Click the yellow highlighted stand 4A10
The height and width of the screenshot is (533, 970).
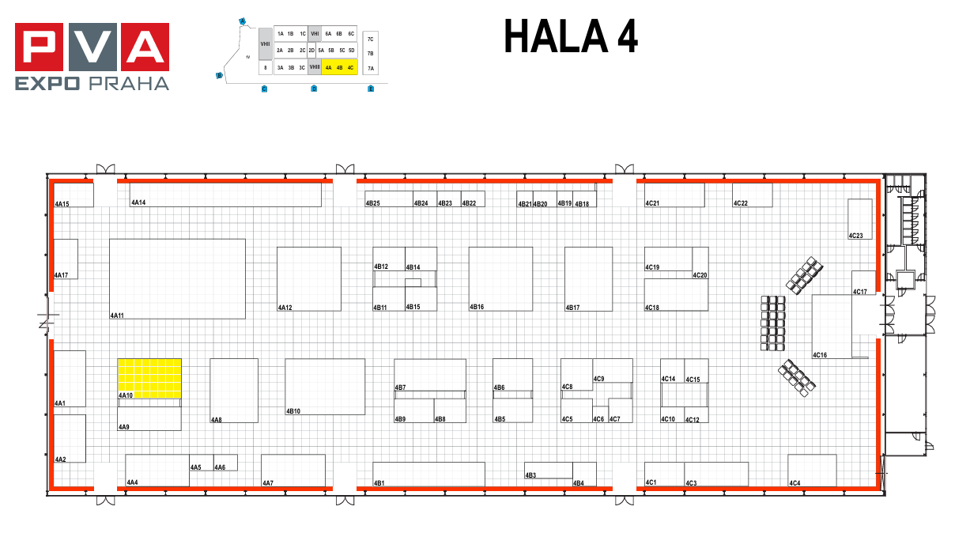(x=149, y=378)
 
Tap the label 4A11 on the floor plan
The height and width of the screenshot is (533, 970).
(x=117, y=316)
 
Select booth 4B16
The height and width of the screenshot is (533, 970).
(x=500, y=278)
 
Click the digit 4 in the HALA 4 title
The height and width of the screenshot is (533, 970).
(x=624, y=37)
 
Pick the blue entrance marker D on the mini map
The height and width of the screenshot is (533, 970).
(x=314, y=89)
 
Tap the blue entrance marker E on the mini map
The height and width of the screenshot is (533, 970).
(x=371, y=89)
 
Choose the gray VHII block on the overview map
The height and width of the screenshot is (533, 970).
(x=265, y=44)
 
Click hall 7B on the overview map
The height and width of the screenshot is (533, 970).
(x=370, y=53)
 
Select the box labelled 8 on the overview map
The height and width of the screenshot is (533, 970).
(x=265, y=68)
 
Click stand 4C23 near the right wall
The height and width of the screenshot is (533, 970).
(x=860, y=218)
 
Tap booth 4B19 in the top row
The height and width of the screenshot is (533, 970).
(x=564, y=199)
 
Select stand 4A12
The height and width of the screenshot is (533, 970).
(x=308, y=278)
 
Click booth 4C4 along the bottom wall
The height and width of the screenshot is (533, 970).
(x=812, y=471)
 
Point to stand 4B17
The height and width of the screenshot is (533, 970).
(x=588, y=278)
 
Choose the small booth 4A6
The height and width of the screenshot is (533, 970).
(x=225, y=463)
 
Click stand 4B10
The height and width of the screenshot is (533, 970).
(x=325, y=387)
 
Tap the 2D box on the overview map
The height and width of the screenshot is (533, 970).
(x=311, y=50)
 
